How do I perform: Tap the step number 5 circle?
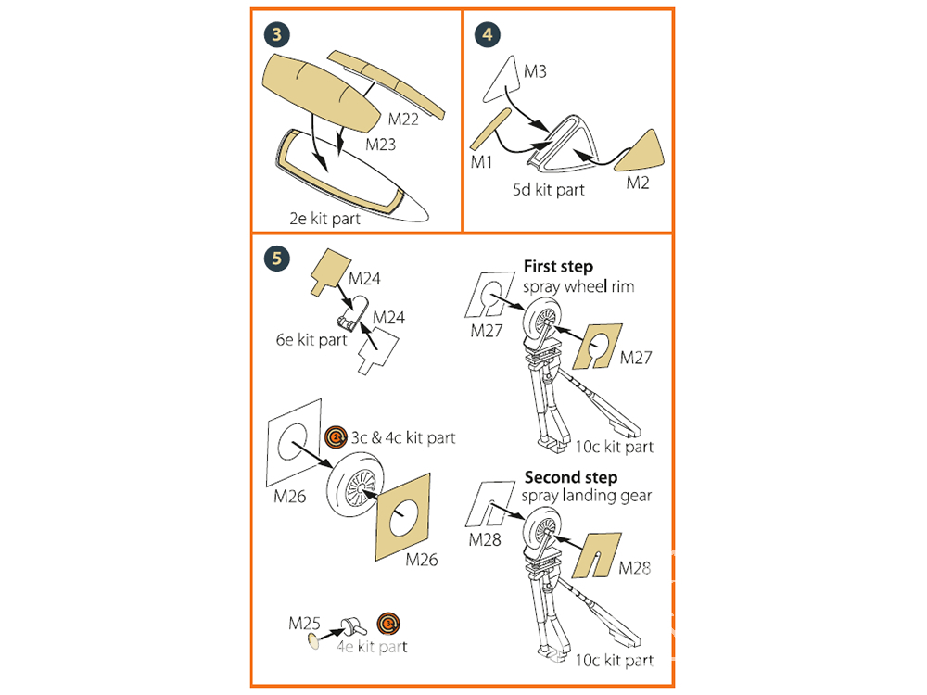click(277, 259)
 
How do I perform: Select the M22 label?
click(403, 119)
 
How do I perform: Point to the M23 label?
click(381, 145)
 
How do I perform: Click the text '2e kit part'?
click(324, 220)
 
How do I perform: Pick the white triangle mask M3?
click(503, 79)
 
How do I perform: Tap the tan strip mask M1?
click(489, 129)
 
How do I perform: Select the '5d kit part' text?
click(550, 190)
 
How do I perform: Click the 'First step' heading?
click(558, 266)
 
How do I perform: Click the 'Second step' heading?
click(570, 478)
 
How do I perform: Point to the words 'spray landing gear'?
click(586, 496)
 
